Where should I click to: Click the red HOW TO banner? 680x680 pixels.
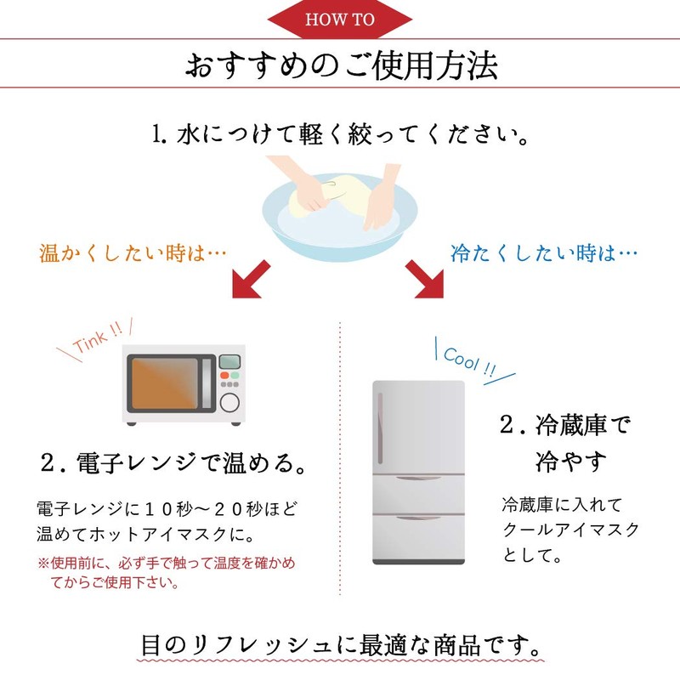[339, 19]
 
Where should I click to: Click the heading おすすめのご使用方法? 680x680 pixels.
[342, 65]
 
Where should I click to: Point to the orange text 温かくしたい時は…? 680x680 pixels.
[133, 253]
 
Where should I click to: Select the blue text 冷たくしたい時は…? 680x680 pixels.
[544, 253]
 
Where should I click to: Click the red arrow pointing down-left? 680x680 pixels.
[250, 280]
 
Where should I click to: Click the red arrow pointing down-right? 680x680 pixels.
[425, 280]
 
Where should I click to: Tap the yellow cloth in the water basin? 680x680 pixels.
[330, 195]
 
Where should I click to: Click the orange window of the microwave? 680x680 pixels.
[165, 383]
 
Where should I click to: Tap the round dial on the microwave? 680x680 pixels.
[229, 403]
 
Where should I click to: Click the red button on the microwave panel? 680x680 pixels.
[224, 375]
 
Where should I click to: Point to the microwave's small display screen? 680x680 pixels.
[229, 361]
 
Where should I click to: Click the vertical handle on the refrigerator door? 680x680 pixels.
[380, 428]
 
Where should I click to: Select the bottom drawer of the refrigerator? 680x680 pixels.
[418, 538]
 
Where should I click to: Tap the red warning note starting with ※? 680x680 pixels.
[166, 572]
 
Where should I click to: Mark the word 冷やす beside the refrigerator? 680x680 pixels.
[570, 462]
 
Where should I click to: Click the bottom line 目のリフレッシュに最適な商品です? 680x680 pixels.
[341, 645]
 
